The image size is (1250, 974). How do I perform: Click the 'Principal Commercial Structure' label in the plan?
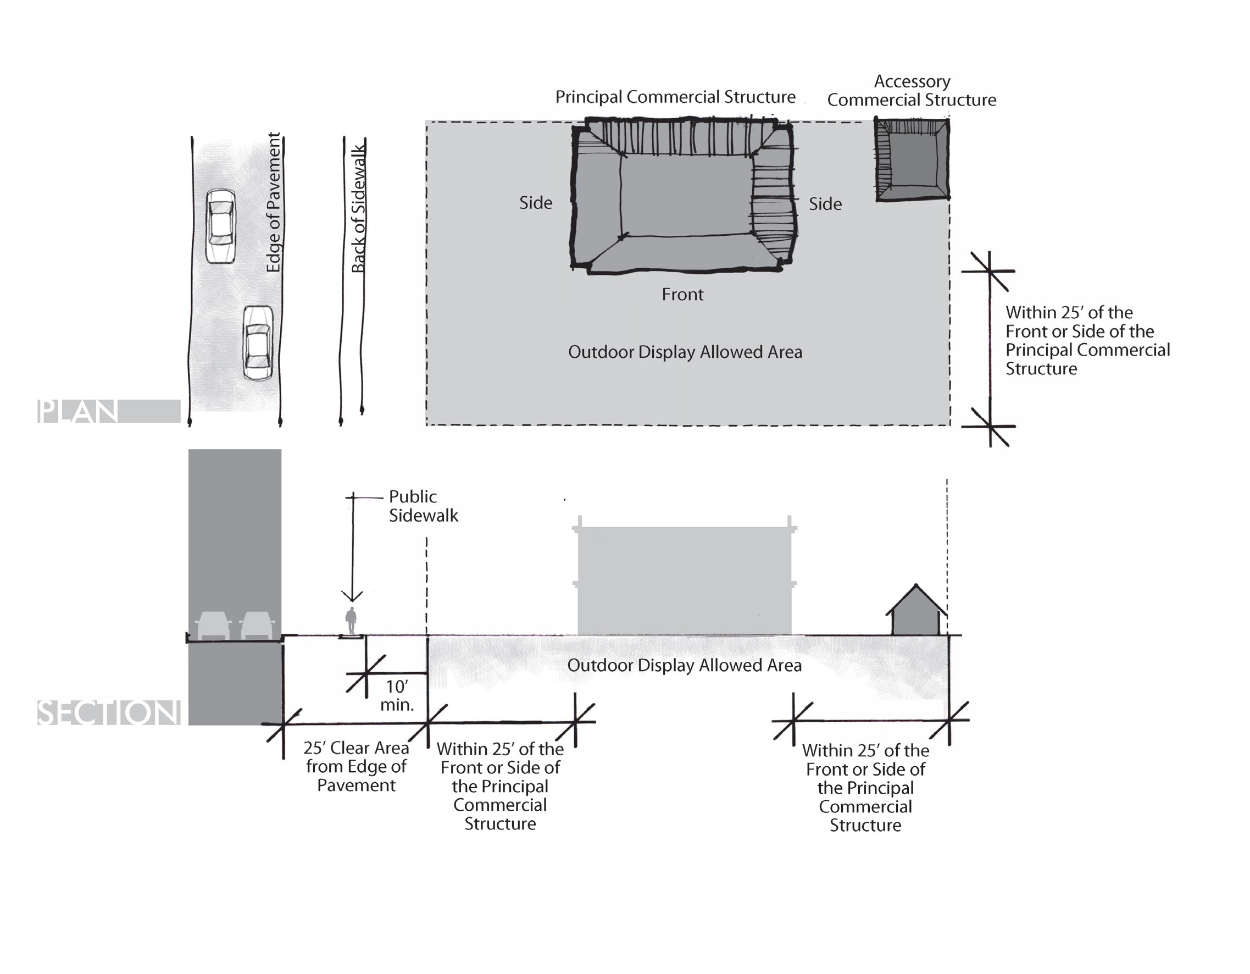tap(675, 97)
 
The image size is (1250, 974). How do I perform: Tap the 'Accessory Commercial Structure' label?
tap(911, 91)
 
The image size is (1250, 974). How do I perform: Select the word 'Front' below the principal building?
tap(682, 294)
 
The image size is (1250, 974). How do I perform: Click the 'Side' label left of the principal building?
tap(535, 203)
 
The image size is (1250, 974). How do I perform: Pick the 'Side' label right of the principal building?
tap(825, 204)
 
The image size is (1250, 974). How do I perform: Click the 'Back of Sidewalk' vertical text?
tap(358, 209)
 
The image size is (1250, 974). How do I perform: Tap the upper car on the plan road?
tap(220, 226)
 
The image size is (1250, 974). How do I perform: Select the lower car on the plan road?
tap(258, 342)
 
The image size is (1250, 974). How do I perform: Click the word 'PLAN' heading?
tap(78, 411)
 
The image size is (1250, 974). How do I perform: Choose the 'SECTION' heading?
tap(108, 712)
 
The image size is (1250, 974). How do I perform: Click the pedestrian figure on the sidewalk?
tap(351, 621)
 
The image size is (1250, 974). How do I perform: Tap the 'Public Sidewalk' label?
tap(423, 506)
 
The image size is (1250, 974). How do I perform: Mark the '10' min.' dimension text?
tap(397, 695)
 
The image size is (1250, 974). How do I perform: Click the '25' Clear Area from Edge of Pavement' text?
tap(356, 766)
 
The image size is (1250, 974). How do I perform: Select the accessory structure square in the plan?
tap(912, 159)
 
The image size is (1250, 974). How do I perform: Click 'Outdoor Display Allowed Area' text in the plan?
tap(685, 352)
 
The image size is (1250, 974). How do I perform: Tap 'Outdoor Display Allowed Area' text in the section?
tap(684, 666)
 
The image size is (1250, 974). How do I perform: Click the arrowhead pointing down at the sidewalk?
tap(352, 596)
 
